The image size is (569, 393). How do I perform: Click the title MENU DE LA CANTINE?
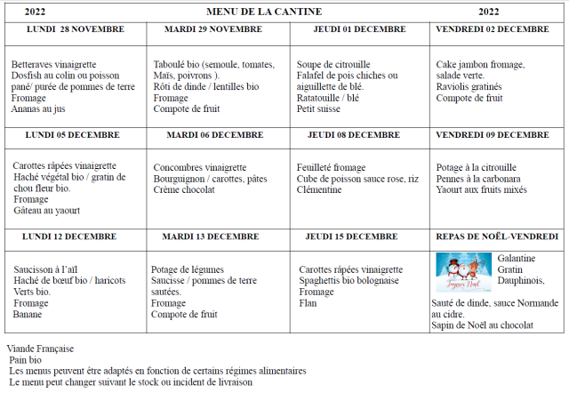[x=264, y=12]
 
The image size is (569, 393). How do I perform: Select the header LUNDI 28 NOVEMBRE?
[x=76, y=29]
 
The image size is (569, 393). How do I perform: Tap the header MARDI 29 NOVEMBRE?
[x=213, y=29]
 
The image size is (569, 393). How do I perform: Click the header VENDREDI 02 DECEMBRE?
[x=493, y=29]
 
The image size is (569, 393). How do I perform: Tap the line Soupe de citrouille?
[x=333, y=65]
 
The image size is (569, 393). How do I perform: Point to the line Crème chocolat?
[x=184, y=189]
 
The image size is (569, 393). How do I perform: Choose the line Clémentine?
[x=320, y=189]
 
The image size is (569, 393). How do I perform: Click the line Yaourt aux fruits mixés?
[x=482, y=189]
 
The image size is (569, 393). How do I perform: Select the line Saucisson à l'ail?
[x=50, y=269]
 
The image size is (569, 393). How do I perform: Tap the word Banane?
[x=28, y=314]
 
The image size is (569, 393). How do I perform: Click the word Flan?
[x=309, y=303]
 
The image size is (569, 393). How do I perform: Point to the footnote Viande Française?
[x=40, y=349]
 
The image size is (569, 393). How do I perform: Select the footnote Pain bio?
[x=26, y=360]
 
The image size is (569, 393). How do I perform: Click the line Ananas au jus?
[x=38, y=109]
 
